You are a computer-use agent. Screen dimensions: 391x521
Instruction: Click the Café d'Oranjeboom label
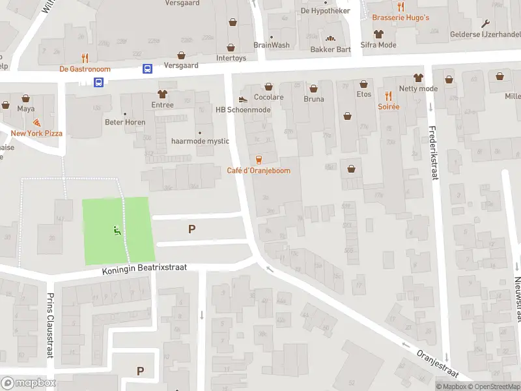(x=259, y=171)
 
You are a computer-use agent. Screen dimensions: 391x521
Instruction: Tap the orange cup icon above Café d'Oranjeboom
(x=259, y=159)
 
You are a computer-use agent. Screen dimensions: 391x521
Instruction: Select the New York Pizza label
(x=36, y=134)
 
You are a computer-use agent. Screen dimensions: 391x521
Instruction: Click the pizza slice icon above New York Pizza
(x=36, y=122)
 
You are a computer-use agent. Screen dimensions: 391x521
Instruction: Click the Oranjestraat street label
(x=437, y=364)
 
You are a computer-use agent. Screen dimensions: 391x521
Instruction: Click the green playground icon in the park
(x=117, y=230)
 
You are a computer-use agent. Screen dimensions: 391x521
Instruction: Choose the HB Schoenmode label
(x=243, y=110)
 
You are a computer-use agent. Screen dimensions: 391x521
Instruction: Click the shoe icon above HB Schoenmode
(x=243, y=99)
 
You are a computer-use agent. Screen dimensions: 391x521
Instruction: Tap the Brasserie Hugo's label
(x=401, y=18)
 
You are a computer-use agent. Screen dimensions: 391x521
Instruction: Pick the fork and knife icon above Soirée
(x=389, y=94)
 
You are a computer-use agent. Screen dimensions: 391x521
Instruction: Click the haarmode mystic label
(x=200, y=141)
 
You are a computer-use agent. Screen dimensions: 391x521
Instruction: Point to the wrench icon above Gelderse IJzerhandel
(x=486, y=23)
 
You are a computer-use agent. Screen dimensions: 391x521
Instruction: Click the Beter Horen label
(x=124, y=122)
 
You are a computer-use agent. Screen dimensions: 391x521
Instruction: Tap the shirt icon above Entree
(x=163, y=94)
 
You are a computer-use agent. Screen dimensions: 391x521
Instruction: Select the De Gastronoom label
(x=85, y=69)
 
